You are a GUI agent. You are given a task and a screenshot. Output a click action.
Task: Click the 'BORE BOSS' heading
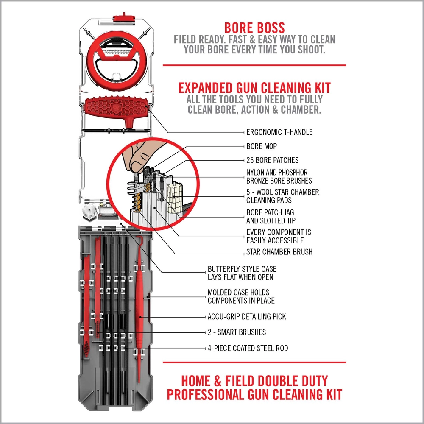coord(254,28)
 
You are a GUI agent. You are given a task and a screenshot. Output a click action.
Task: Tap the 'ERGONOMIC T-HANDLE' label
coord(279,132)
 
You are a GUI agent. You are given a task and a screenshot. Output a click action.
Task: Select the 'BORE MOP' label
coord(262,146)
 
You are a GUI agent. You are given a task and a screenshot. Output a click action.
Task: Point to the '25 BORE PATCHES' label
coord(272,160)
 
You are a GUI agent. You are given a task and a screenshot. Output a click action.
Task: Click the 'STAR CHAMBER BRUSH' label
coord(279,252)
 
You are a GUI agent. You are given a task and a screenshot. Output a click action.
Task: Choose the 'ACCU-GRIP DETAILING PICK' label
coord(247,317)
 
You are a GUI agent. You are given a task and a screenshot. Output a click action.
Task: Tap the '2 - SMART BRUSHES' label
coord(237,332)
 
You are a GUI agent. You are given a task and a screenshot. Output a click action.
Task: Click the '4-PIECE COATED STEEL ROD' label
coord(248,348)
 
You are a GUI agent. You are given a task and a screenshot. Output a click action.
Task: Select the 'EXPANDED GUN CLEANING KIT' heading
coord(254,88)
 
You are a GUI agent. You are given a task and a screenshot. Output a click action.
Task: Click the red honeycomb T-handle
coord(116,109)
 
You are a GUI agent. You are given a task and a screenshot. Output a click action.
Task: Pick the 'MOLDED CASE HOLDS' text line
coord(238,292)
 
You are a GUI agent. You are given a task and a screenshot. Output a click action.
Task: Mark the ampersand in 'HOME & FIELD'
coord(218,381)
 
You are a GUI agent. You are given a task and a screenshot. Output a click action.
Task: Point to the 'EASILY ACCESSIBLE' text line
coord(275,241)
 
